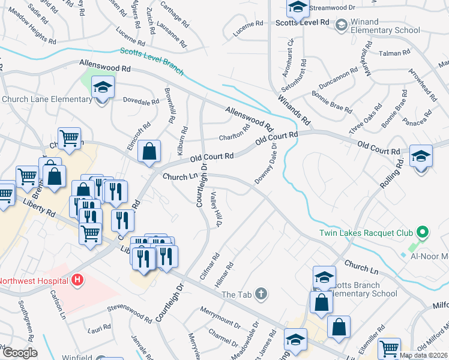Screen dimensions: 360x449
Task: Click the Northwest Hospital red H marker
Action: (77, 280)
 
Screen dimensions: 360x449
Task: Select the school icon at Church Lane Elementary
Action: (103, 89)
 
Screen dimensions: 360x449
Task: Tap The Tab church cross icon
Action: (260, 294)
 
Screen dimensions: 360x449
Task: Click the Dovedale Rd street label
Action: (140, 101)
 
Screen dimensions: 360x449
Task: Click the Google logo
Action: (20, 353)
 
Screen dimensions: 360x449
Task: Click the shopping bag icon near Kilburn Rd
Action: (149, 152)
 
